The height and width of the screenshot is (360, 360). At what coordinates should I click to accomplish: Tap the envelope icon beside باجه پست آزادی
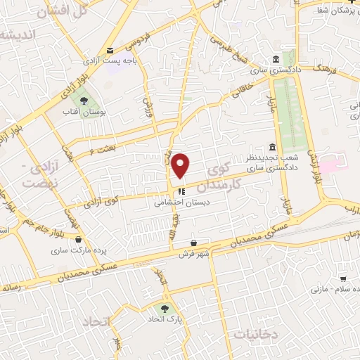tap(110, 50)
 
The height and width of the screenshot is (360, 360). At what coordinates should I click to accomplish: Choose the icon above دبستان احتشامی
tap(181, 190)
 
